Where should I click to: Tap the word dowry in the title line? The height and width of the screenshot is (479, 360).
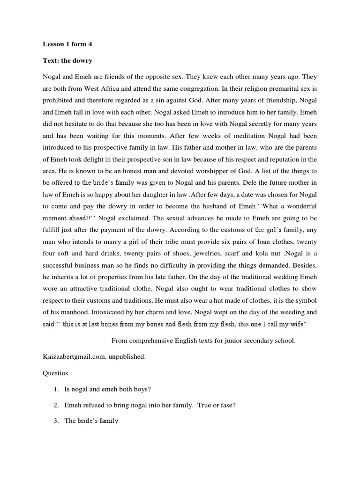click(x=82, y=60)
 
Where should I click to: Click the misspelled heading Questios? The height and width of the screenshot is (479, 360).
click(x=56, y=373)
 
